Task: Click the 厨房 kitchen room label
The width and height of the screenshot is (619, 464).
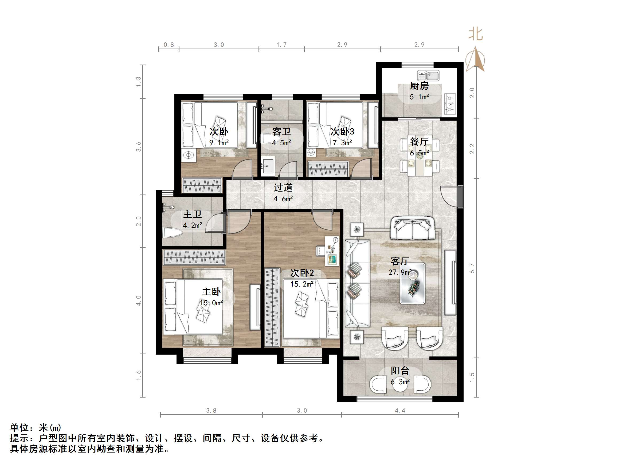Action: click(x=419, y=86)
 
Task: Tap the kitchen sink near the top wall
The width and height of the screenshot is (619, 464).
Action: click(x=428, y=76)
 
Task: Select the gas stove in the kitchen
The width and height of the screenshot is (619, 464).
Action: click(x=450, y=104)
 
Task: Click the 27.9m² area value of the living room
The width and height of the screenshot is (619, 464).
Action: click(x=400, y=272)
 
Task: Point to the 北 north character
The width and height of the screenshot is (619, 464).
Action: click(x=476, y=34)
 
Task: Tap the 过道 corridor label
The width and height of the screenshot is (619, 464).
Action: click(x=283, y=187)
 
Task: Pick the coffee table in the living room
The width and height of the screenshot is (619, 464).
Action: click(x=412, y=283)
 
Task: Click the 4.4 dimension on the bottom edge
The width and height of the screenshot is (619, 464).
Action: click(x=400, y=410)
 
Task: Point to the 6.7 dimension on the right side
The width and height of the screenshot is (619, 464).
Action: click(x=472, y=268)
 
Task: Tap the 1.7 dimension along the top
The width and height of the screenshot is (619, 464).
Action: click(x=281, y=45)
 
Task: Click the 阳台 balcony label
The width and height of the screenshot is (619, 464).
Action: click(x=400, y=371)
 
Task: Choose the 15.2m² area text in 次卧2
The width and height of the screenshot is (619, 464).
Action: click(x=302, y=284)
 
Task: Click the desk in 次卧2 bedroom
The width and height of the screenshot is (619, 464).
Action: click(x=332, y=251)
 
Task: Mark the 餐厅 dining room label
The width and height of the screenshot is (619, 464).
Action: click(x=419, y=141)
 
